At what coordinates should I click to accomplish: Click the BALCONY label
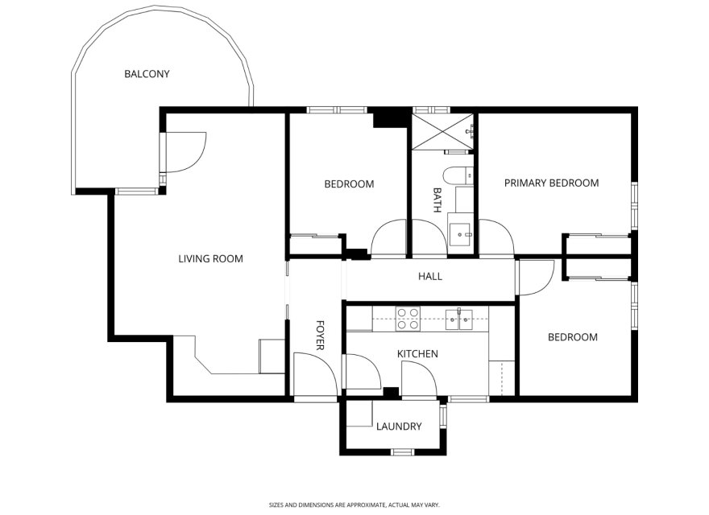(147, 74)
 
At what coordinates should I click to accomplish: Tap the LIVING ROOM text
(210, 259)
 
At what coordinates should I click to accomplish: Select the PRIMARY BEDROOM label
(551, 183)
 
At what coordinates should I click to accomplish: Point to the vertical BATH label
(437, 200)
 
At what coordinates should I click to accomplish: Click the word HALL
(429, 277)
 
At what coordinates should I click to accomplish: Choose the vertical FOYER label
(319, 336)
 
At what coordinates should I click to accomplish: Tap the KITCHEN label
(417, 354)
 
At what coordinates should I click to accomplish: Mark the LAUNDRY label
(398, 426)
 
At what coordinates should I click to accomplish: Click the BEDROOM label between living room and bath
(349, 184)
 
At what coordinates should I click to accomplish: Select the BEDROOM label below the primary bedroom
(572, 337)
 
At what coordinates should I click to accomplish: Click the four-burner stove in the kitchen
(407, 319)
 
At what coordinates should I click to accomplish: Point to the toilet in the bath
(457, 175)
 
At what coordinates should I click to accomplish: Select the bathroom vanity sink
(462, 233)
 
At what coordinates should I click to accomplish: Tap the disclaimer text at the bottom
(354, 505)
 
